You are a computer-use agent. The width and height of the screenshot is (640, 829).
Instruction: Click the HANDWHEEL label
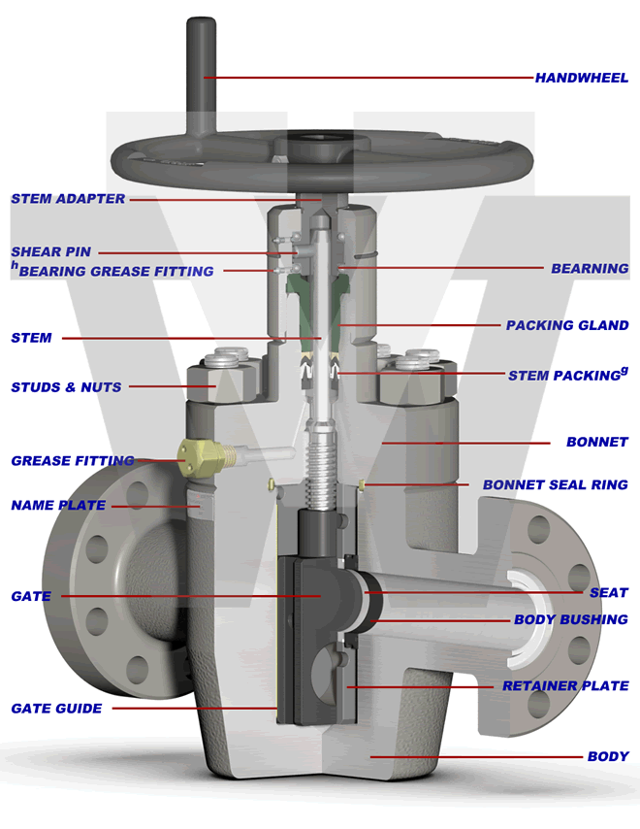pyautogui.click(x=581, y=78)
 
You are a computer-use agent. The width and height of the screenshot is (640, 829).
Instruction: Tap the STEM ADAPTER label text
pyautogui.click(x=68, y=199)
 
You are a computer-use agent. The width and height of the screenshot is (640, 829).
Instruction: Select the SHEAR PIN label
pyautogui.click(x=50, y=252)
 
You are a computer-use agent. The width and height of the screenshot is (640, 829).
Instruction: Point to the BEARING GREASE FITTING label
pyautogui.click(x=115, y=272)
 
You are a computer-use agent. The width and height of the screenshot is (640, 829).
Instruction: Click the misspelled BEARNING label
pyautogui.click(x=590, y=268)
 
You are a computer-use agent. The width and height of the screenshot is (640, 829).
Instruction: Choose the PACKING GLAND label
pyautogui.click(x=567, y=325)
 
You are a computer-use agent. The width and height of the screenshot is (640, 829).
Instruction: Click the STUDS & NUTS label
pyautogui.click(x=66, y=387)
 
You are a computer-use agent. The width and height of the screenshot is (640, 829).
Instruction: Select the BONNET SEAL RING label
pyautogui.click(x=555, y=484)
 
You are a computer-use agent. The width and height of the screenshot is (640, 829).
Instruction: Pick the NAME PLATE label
pyautogui.click(x=58, y=506)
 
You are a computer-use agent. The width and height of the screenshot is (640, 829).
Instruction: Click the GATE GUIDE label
pyautogui.click(x=56, y=709)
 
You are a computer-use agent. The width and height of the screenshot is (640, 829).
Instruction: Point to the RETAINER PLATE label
pyautogui.click(x=565, y=686)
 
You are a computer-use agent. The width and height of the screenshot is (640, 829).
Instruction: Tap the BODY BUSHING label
pyautogui.click(x=570, y=619)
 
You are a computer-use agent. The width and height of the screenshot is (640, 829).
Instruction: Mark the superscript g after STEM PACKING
pyautogui.click(x=624, y=370)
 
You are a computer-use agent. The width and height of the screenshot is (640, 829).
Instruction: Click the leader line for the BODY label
pyautogui.click(x=475, y=756)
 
